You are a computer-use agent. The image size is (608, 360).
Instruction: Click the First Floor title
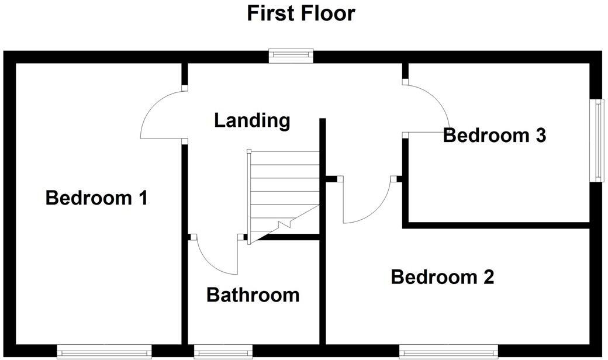point(300,13)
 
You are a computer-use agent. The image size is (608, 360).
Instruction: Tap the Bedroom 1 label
point(96,198)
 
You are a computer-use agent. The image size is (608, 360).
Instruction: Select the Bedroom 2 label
point(443,276)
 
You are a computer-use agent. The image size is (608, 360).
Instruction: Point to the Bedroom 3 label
point(495,135)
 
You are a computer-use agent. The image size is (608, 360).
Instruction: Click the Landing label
point(252,120)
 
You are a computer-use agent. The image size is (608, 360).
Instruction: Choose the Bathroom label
point(253,295)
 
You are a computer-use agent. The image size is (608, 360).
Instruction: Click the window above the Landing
point(291,56)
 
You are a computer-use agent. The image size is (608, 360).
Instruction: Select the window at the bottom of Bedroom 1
point(105,352)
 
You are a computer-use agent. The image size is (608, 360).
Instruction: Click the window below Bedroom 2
point(449,352)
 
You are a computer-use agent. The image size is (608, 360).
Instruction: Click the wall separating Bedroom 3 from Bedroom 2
point(497,225)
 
